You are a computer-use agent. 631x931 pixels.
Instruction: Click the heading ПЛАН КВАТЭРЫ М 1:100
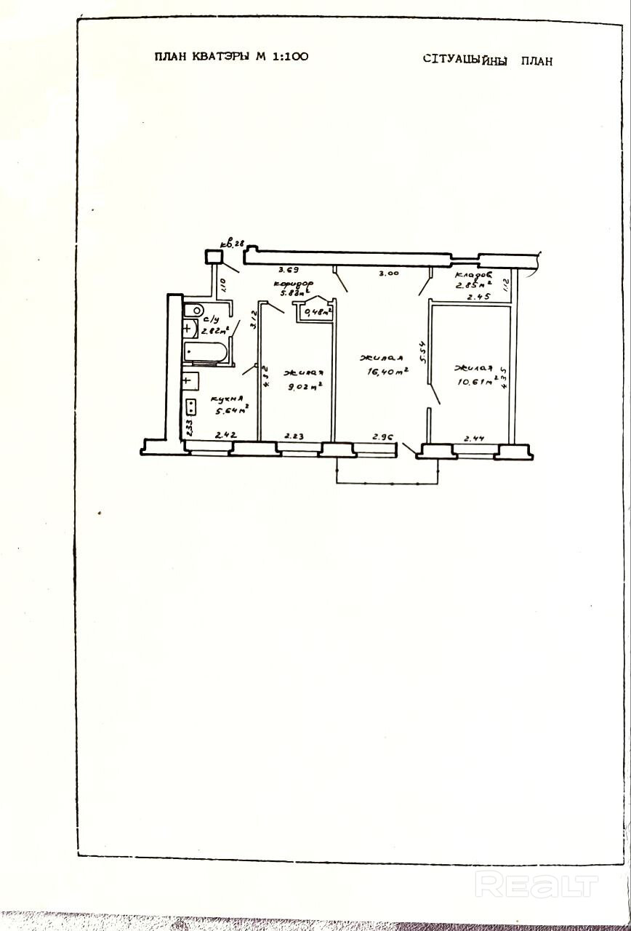tap(231, 57)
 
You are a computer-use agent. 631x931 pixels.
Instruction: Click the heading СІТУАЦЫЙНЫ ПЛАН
tap(487, 60)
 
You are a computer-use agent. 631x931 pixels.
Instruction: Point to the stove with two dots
tap(190, 407)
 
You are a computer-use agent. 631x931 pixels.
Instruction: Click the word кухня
tap(227, 399)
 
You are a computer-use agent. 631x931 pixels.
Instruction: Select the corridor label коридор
tap(293, 284)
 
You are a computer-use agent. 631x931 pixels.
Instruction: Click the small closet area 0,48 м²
tap(318, 313)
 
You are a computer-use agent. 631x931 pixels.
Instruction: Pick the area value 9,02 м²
tap(305, 386)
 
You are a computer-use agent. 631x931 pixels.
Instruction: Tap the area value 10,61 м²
tap(473, 383)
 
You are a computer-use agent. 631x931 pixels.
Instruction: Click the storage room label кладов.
tap(473, 276)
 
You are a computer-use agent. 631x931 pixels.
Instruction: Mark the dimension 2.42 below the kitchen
tap(225, 435)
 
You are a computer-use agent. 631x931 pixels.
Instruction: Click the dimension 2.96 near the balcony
tap(383, 436)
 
